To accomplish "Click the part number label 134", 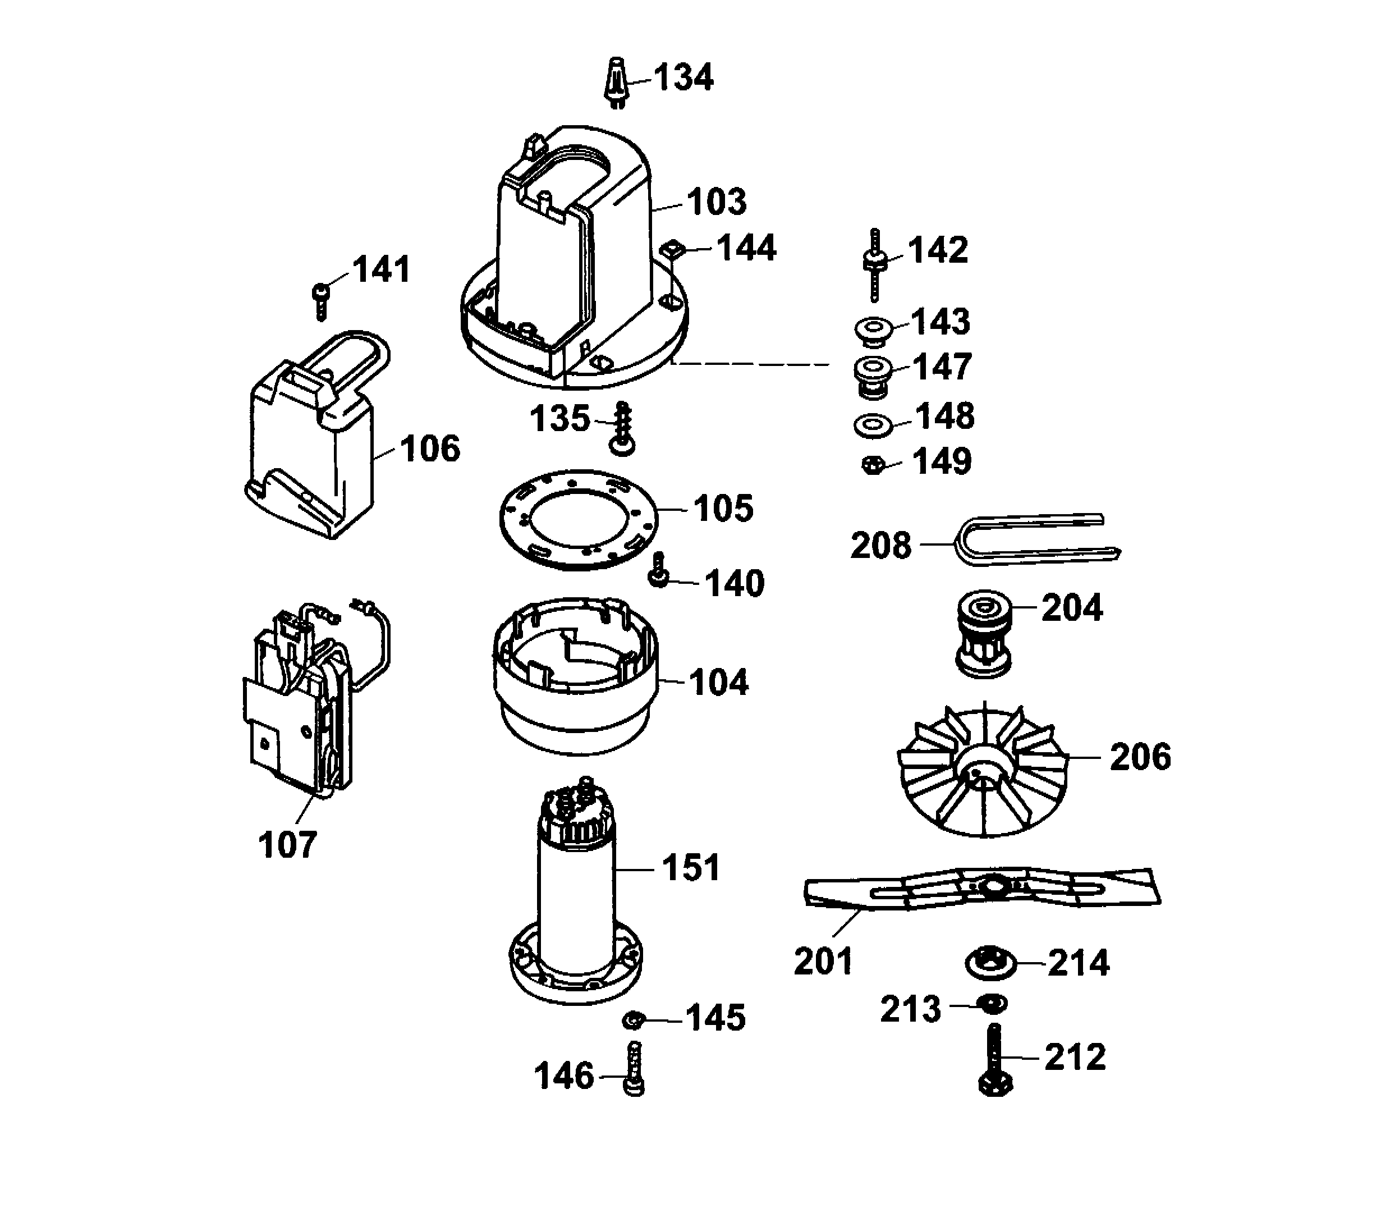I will [683, 77].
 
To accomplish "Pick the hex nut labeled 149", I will [873, 466].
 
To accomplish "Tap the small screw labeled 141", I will [320, 299].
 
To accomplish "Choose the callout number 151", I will [690, 868].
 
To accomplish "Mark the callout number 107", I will [287, 845].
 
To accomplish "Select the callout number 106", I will [430, 450].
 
